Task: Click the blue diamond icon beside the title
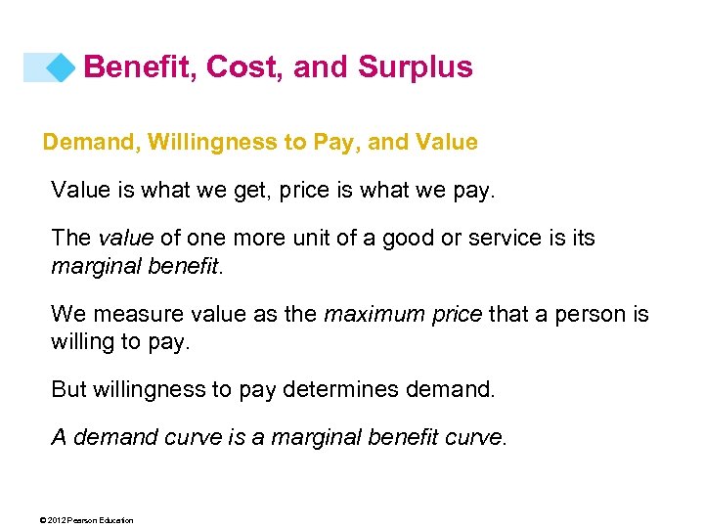(x=62, y=66)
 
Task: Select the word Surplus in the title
(x=416, y=66)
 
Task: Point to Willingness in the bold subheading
(x=220, y=143)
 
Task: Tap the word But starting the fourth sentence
(x=68, y=389)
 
